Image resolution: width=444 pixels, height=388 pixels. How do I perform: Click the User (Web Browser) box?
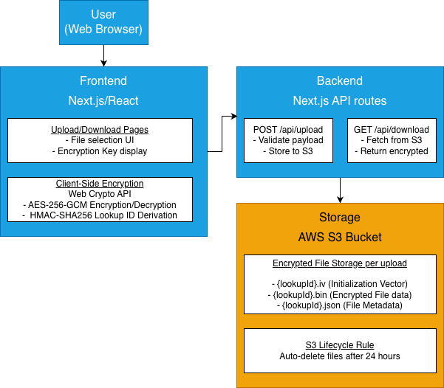103,23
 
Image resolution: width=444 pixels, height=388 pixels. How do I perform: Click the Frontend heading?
103,81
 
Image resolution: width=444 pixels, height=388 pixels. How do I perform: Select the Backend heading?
340,81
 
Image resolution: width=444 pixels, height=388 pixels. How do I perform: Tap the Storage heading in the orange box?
340,218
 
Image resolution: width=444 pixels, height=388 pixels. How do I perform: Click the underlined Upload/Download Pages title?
100,130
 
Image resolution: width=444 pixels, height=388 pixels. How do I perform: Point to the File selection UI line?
100,140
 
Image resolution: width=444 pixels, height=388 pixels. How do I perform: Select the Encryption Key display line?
100,151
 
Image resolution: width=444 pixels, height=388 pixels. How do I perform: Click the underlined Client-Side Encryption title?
100,184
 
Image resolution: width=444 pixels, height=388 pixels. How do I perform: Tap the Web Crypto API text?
100,194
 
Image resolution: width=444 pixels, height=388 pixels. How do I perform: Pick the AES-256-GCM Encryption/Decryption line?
100,204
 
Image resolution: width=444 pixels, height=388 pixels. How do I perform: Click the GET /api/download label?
392,130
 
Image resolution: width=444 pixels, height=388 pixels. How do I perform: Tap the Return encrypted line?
392,151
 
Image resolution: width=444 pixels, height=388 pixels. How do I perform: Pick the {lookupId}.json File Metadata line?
340,305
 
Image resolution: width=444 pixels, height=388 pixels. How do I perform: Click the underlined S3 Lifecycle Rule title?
340,344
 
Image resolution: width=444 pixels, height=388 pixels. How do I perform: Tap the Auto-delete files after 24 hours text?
340,356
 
